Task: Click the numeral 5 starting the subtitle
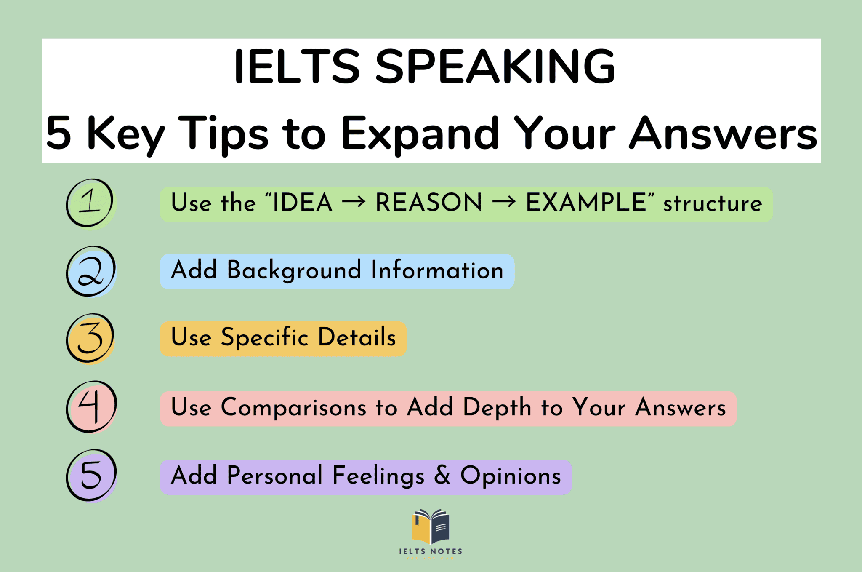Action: pyautogui.click(x=59, y=133)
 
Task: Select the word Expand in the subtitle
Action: pyautogui.click(x=420, y=134)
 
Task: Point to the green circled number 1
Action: pyautogui.click(x=90, y=203)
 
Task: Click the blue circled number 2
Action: pyautogui.click(x=90, y=271)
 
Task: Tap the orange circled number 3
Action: pyautogui.click(x=90, y=338)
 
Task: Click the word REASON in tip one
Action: pyautogui.click(x=428, y=203)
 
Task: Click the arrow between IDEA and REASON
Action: pyautogui.click(x=354, y=203)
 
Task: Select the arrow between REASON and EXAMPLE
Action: pyautogui.click(x=504, y=203)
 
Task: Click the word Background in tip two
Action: pyautogui.click(x=294, y=270)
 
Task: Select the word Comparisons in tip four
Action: pyautogui.click(x=293, y=407)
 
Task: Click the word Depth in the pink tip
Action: pyautogui.click(x=497, y=407)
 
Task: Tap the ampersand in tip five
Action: pyautogui.click(x=442, y=475)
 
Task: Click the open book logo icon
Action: pyautogui.click(x=431, y=527)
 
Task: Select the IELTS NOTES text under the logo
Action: pyautogui.click(x=431, y=551)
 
